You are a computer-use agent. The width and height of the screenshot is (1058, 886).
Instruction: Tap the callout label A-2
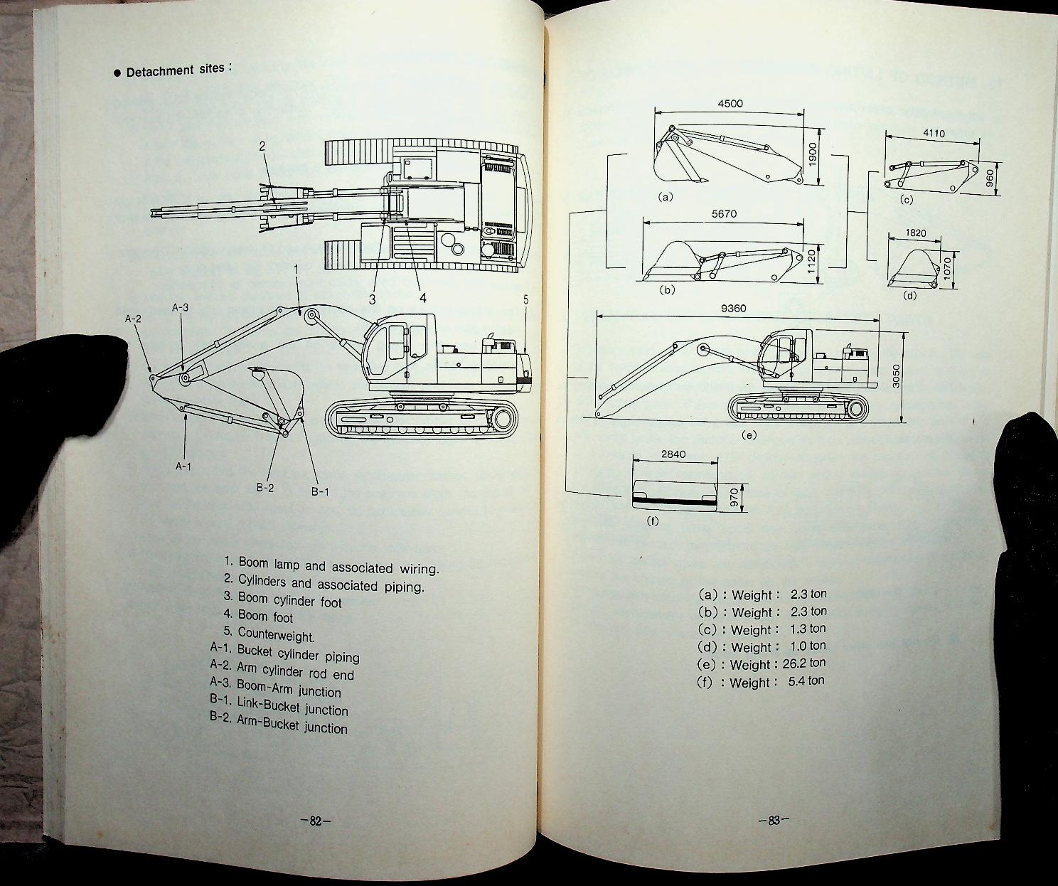click(133, 319)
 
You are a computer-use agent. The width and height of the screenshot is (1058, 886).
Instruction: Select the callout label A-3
click(180, 307)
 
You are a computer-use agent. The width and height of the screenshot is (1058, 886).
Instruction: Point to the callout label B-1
click(319, 491)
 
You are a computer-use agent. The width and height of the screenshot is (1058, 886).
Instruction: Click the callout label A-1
click(183, 466)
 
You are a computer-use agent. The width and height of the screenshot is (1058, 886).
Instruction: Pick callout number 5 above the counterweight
click(526, 299)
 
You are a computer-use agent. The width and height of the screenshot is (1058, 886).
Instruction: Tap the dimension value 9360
click(734, 309)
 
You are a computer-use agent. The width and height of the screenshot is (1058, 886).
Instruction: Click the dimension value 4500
click(730, 103)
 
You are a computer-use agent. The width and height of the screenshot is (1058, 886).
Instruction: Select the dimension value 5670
click(723, 213)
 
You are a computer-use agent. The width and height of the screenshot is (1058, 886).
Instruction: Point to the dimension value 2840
click(673, 454)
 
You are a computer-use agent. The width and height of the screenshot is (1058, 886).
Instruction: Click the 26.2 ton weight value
click(807, 663)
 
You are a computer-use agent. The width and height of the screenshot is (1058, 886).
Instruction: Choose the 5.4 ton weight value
click(806, 681)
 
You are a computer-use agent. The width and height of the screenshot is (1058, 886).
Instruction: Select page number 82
click(316, 821)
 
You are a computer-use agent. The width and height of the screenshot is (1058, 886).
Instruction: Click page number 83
click(774, 821)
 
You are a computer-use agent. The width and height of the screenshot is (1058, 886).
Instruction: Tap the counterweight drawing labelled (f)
click(674, 493)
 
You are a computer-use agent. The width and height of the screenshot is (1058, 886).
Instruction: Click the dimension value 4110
click(933, 133)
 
